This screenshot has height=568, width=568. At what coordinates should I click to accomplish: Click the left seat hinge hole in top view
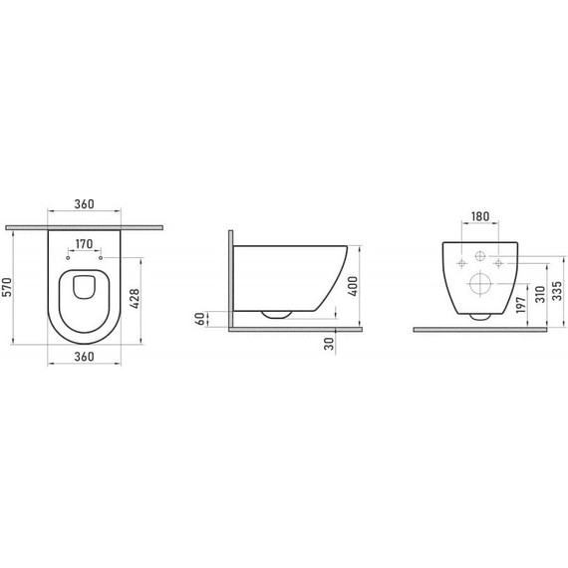(x=68, y=257)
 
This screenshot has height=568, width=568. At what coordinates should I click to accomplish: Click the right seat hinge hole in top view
(x=101, y=257)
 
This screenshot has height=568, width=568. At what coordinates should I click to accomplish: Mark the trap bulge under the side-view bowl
(x=277, y=314)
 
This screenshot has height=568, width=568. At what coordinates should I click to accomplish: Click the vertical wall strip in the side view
(x=230, y=279)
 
